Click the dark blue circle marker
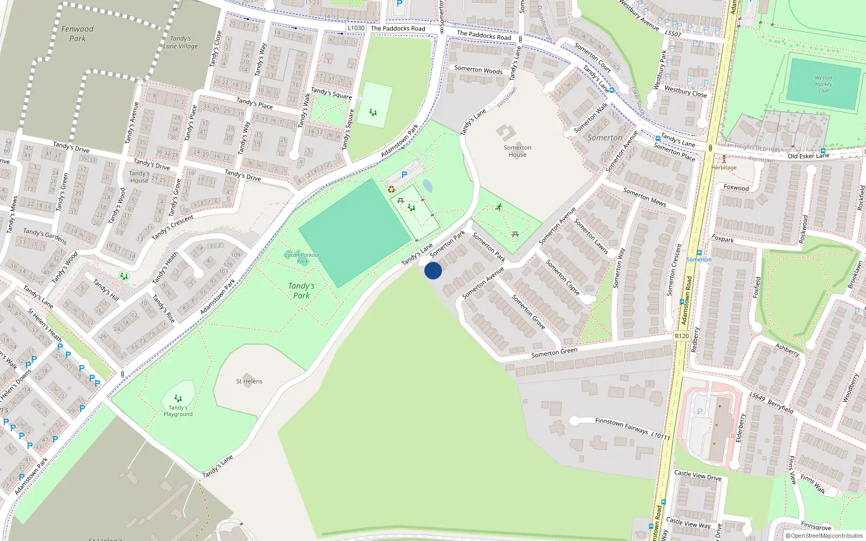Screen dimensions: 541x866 (433, 270)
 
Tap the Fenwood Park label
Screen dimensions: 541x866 (77, 34)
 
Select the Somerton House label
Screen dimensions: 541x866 (517, 151)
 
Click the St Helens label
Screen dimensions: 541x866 (249, 381)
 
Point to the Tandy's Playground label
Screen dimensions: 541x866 (178, 411)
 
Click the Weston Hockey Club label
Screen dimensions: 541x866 (823, 84)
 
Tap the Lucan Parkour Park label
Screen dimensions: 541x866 (302, 258)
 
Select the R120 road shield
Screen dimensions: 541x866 (682, 336)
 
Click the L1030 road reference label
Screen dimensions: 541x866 (356, 28)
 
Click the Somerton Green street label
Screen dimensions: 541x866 (554, 352)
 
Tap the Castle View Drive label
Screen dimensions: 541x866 (698, 475)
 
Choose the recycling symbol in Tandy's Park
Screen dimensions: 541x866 (391, 189)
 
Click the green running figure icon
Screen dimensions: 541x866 (499, 207)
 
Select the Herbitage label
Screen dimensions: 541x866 (724, 168)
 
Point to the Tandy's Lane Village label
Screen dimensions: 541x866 (181, 42)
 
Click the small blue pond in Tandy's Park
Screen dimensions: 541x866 (428, 186)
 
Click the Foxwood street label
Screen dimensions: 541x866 (736, 188)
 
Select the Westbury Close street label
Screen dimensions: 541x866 (685, 91)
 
